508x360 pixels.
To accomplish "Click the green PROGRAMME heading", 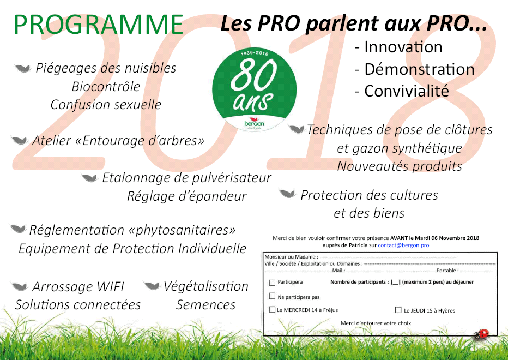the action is tap(98, 25).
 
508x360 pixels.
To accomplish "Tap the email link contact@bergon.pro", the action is tap(403, 245).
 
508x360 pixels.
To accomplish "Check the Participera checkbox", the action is tap(272, 283).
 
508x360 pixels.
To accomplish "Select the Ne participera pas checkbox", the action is tap(272, 296).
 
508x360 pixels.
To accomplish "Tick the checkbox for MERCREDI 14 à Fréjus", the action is tap(272, 309).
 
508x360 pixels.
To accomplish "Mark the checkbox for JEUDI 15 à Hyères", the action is tap(398, 310).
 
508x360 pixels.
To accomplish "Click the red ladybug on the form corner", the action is tap(482, 334).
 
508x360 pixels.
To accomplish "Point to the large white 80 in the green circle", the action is tap(254, 75).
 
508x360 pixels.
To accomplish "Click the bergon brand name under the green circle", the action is tap(254, 124).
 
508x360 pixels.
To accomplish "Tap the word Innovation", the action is tap(403, 47).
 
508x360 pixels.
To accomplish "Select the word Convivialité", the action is tap(407, 91).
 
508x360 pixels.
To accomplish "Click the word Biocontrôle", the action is tap(106, 87).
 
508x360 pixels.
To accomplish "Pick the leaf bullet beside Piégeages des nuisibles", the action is tap(23, 68).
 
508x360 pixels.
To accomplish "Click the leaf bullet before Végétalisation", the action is tap(152, 286).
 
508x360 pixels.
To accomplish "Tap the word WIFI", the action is tap(110, 287).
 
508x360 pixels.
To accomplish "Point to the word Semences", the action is tap(205, 305).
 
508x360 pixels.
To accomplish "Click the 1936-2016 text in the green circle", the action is tap(255, 53).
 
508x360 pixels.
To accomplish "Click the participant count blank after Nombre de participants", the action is tap(396, 282).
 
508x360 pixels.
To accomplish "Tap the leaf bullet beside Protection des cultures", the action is tap(287, 194).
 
